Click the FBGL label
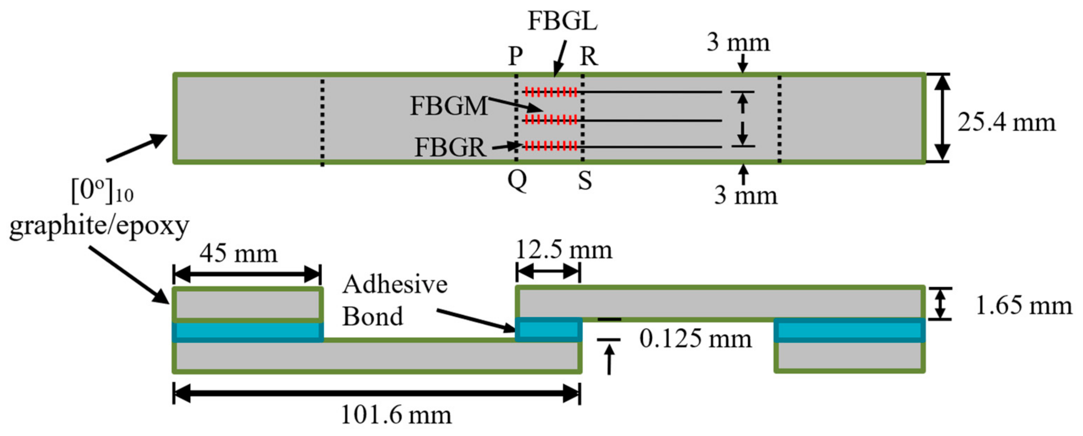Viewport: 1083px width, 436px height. pos(562,21)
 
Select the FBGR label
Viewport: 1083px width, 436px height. pos(450,148)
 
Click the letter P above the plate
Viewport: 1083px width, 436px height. pos(515,56)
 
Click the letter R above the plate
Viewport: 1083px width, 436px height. pos(589,56)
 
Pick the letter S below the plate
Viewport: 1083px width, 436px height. pos(585,181)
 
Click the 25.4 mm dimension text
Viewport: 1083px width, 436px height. pos(1006,123)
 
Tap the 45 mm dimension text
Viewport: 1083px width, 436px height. pos(238,254)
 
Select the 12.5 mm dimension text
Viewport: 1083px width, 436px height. pos(563,250)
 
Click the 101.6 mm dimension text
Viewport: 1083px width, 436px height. pos(396,415)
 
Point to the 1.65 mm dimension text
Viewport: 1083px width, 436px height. pos(1023,306)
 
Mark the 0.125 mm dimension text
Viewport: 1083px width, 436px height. pos(695,339)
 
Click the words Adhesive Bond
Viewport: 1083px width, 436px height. pos(394,300)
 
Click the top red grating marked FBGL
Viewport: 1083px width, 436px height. pos(551,92)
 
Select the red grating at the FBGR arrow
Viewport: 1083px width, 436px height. pos(551,146)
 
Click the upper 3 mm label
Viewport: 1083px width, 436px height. pos(738,43)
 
